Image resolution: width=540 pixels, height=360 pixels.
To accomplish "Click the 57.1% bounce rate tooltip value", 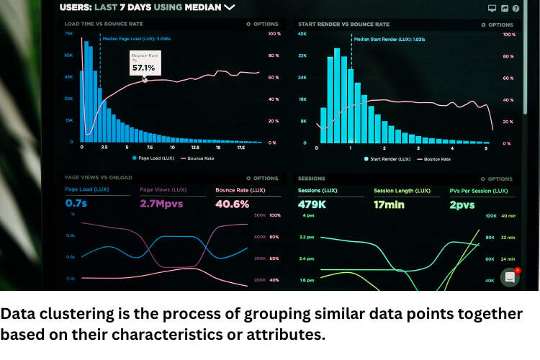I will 143,68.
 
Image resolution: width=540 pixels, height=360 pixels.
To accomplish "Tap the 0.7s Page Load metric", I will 77,204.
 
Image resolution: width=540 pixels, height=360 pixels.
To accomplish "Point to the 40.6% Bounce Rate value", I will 232,204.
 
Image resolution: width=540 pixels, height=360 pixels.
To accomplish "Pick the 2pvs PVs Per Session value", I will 462,204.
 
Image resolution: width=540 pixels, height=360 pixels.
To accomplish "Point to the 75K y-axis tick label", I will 68,34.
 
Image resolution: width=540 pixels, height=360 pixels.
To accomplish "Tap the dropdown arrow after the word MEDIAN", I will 229,7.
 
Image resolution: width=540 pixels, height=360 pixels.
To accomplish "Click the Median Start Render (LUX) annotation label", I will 389,40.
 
